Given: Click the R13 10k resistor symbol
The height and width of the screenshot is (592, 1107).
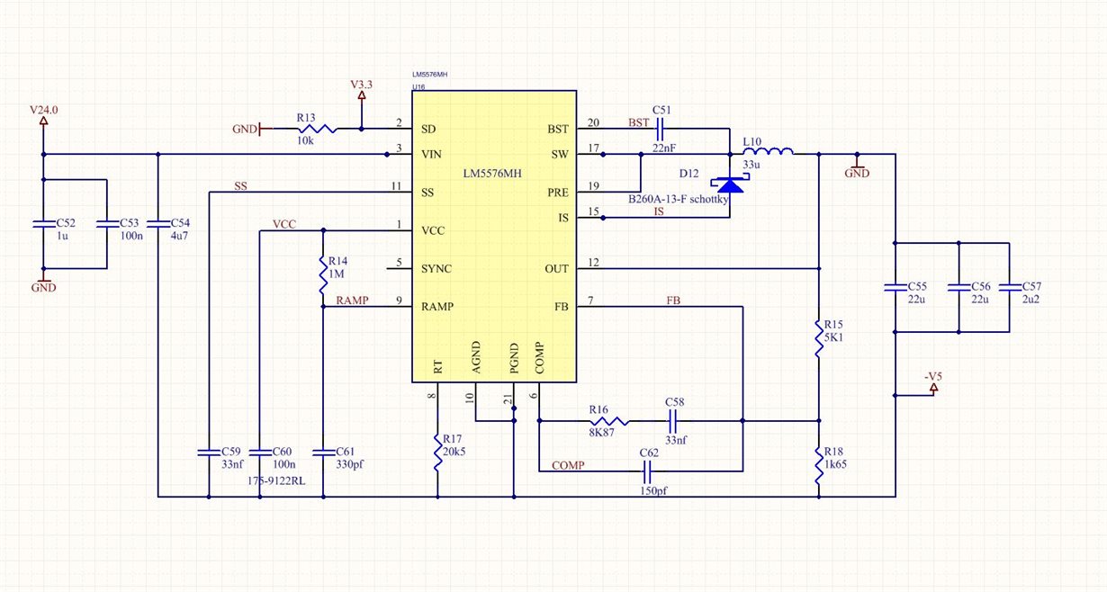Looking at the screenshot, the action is tap(318, 129).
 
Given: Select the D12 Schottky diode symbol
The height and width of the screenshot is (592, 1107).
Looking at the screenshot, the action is tap(730, 185).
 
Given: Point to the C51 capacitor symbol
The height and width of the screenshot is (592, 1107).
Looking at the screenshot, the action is tap(661, 129).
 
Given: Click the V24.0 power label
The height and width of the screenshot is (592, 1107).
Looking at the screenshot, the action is tap(43, 110).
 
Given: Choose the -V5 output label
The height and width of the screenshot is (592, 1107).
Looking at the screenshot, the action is tap(933, 377).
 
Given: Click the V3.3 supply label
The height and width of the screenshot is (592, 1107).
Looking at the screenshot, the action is tap(361, 85).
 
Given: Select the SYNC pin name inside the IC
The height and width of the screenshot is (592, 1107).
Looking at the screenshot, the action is tap(436, 269).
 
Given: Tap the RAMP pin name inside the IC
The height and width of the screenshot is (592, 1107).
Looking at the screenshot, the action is tap(436, 307).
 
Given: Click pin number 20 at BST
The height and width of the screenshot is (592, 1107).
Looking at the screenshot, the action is tap(593, 122).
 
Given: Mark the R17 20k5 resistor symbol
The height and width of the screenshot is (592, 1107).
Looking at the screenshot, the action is tap(437, 453).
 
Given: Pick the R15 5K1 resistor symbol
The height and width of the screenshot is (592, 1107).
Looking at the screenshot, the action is tap(819, 338).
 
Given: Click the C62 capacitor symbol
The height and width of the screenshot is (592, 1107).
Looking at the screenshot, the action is tap(647, 471).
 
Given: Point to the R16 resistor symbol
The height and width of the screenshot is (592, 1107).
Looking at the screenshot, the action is tap(609, 421).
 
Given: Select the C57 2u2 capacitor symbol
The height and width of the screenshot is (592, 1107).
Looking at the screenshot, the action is tap(1009, 288).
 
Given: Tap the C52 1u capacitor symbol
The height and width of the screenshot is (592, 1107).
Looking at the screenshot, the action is tap(43, 224).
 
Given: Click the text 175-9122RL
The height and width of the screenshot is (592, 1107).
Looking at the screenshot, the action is tap(276, 481).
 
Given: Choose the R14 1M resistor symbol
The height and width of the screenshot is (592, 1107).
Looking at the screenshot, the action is tap(323, 274).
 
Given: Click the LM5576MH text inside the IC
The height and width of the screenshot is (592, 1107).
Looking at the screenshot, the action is tap(492, 174).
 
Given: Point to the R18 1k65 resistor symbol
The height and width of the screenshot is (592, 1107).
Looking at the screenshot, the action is tap(819, 465).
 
